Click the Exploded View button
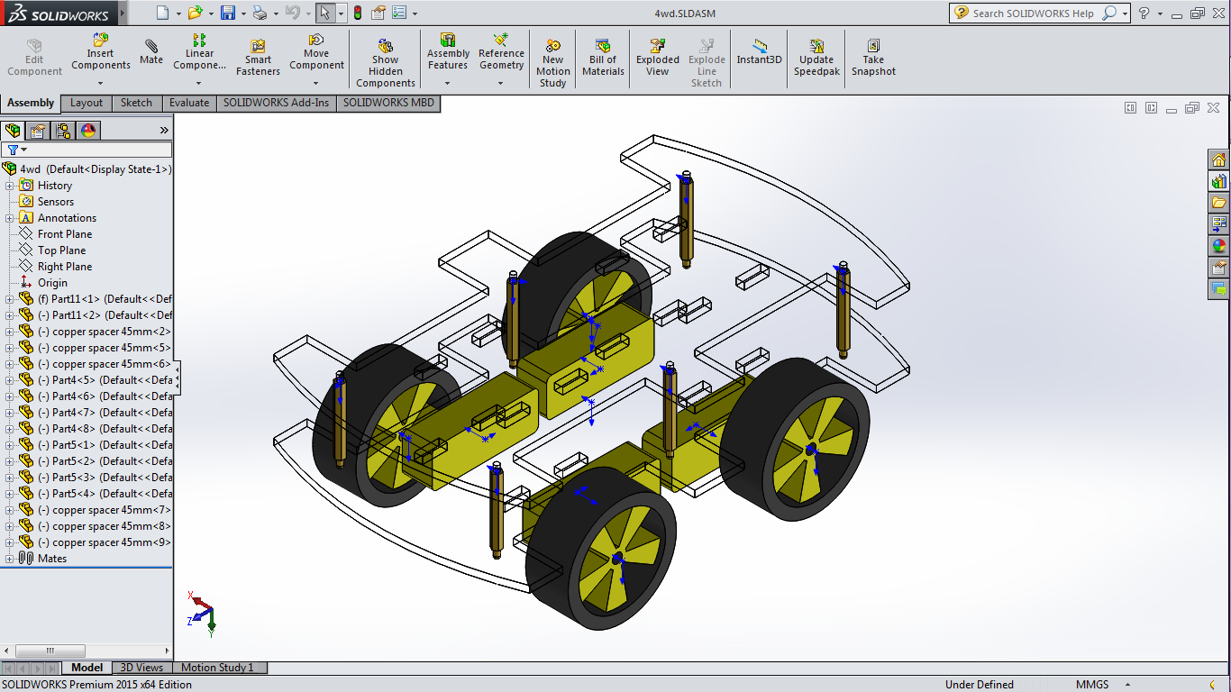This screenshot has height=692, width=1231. (x=658, y=58)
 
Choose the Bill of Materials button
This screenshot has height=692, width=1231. (x=603, y=58)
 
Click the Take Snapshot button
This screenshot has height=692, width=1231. (x=873, y=58)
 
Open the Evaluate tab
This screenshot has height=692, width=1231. (x=189, y=103)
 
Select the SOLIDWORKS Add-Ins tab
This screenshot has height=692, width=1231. (x=276, y=103)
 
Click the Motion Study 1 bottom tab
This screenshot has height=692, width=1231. (x=217, y=668)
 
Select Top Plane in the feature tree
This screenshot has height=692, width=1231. (x=61, y=250)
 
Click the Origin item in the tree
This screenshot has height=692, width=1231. (x=52, y=283)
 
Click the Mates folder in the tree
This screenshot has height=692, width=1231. (x=52, y=559)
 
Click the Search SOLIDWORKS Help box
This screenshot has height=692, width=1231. (x=1033, y=14)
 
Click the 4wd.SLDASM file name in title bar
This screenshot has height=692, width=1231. (x=685, y=14)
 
